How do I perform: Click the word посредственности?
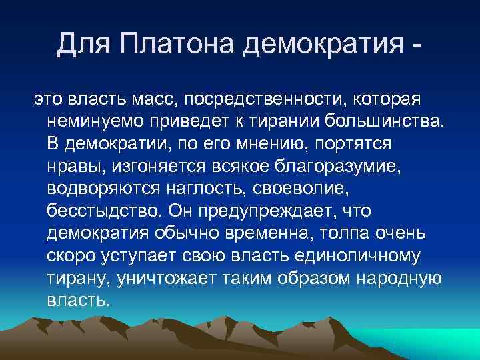point(268,99)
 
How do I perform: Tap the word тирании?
point(270,121)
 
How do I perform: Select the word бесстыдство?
point(105,212)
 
